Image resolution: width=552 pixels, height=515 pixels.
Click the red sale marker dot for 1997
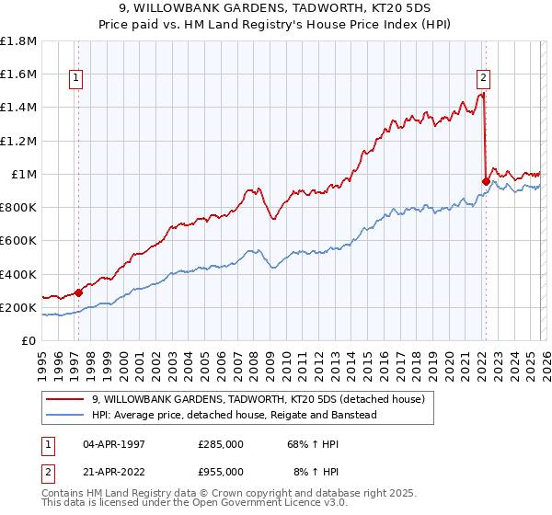coord(78,292)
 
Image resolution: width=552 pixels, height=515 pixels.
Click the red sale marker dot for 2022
coord(485,181)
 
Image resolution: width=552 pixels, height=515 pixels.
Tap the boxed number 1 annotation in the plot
coord(75,79)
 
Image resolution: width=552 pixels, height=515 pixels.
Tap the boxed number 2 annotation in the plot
coord(483,79)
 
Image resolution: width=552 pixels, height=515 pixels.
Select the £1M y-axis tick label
coord(23,174)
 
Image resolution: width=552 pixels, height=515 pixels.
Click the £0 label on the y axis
coord(29,340)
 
